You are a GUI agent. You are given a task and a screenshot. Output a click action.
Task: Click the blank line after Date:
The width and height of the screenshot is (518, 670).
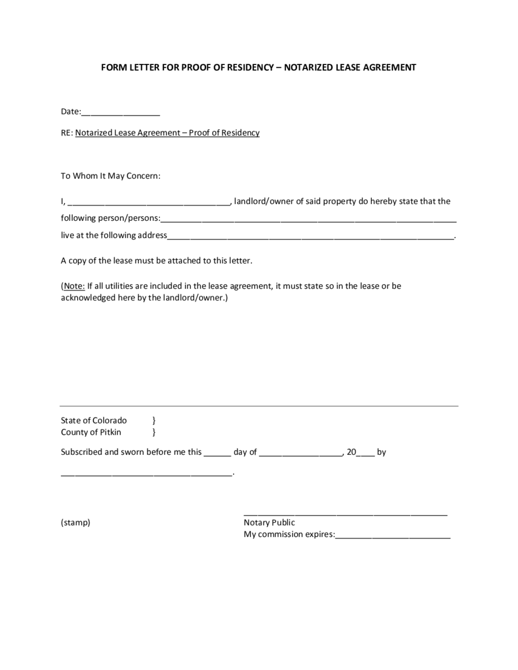tap(121, 113)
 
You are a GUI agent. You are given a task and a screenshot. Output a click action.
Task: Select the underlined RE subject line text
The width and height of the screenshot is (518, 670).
tap(167, 133)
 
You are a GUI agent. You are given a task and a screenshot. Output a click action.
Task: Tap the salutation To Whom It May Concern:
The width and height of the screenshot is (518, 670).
tap(111, 176)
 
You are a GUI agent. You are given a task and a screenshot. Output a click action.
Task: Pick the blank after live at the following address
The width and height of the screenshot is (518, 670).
tap(311, 237)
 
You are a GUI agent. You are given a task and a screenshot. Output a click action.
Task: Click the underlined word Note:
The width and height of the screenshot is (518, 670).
tap(74, 286)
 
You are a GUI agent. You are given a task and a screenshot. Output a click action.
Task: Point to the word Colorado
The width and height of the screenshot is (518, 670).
tap(109, 420)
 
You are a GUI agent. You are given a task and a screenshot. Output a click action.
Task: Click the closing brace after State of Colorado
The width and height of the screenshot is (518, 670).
tap(154, 420)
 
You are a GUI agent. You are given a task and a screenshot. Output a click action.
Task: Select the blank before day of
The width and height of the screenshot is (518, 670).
tap(217, 454)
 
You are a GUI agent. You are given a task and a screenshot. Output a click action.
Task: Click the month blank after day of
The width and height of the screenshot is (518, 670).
tap(301, 454)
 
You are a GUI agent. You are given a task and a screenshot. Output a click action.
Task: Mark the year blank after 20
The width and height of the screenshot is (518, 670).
tap(366, 454)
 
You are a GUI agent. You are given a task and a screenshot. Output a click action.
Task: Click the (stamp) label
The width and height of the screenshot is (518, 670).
tap(75, 523)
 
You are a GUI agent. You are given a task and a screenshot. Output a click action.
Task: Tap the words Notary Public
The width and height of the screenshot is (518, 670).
tap(269, 523)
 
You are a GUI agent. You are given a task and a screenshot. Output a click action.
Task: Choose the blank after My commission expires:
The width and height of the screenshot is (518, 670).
tap(393, 537)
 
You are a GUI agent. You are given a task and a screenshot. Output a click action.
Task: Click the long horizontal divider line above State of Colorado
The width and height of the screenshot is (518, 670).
tap(259, 407)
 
